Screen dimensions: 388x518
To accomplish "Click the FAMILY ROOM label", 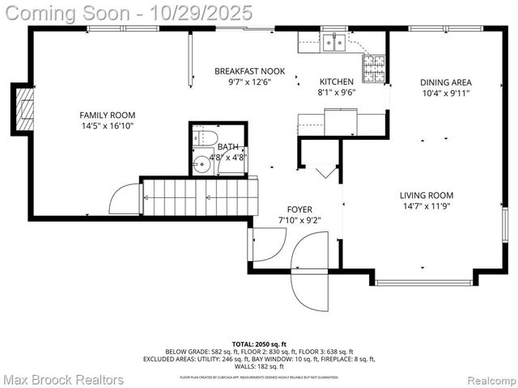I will [107, 115].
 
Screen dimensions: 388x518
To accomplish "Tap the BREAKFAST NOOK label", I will [249, 71].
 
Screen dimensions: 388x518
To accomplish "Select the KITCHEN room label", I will [336, 82].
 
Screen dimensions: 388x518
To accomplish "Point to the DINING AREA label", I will [445, 82].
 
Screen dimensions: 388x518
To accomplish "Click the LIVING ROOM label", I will [426, 195].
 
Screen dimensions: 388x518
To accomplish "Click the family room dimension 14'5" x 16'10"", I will [107, 126].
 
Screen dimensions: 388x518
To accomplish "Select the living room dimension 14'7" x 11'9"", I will [426, 206].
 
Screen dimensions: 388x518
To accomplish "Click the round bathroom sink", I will [202, 164].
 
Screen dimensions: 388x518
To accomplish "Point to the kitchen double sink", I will [334, 42].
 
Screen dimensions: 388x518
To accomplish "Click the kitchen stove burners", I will [373, 68].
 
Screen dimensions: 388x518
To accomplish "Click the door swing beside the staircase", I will [125, 200].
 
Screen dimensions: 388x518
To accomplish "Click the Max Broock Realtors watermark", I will [63, 379].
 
